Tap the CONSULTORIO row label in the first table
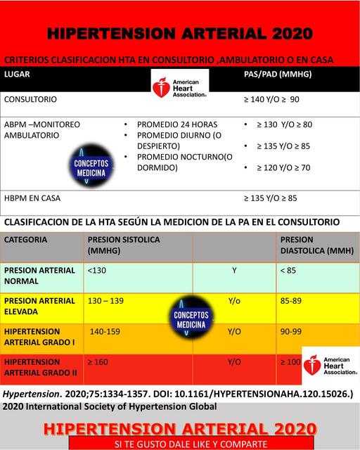pyautogui.click(x=31, y=100)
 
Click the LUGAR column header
pyautogui.click(x=18, y=74)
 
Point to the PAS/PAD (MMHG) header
pyautogui.click(x=277, y=74)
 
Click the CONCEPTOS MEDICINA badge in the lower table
pyautogui.click(x=189, y=321)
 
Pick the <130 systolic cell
pyautogui.click(x=98, y=269)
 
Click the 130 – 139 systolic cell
pyautogui.click(x=105, y=300)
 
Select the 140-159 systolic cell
pyautogui.click(x=106, y=330)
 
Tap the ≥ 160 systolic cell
pyautogui.click(x=99, y=361)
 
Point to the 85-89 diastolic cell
pyautogui.click(x=290, y=300)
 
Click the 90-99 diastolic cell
pyautogui.click(x=290, y=330)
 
